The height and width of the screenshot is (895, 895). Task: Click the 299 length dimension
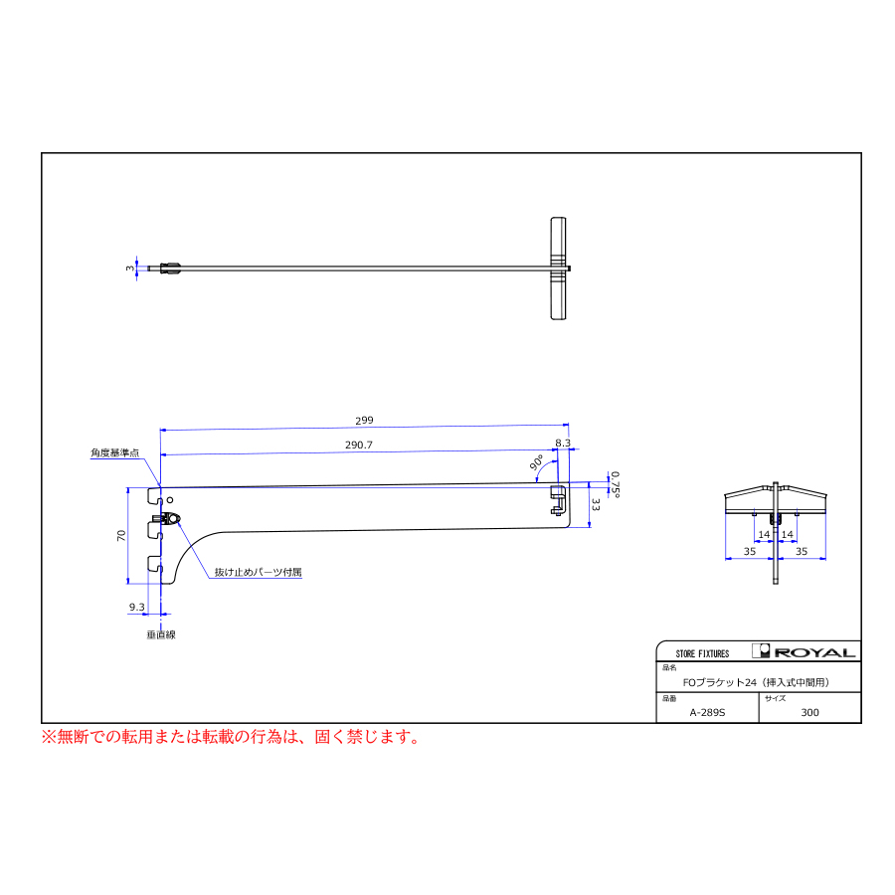click(364, 421)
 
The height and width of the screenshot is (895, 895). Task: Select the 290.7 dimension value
click(358, 446)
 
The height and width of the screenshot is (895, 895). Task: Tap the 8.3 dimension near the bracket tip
click(563, 443)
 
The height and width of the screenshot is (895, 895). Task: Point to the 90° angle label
click(537, 462)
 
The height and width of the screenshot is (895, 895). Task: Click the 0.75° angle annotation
click(615, 484)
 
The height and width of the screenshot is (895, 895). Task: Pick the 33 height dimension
click(596, 504)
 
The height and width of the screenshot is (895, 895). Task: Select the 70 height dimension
click(121, 535)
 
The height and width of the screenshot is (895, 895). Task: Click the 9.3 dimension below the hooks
click(137, 607)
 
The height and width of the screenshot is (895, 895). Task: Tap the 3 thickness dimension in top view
click(130, 268)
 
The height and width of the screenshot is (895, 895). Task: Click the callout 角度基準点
click(114, 452)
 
